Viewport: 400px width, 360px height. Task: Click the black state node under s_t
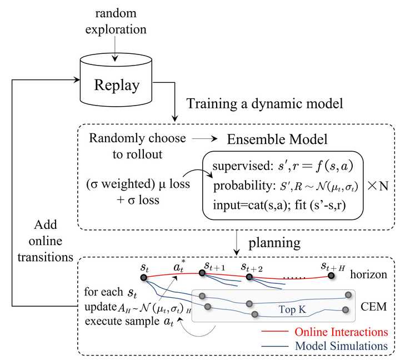point(144,277)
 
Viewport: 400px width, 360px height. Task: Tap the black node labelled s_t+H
point(332,275)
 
